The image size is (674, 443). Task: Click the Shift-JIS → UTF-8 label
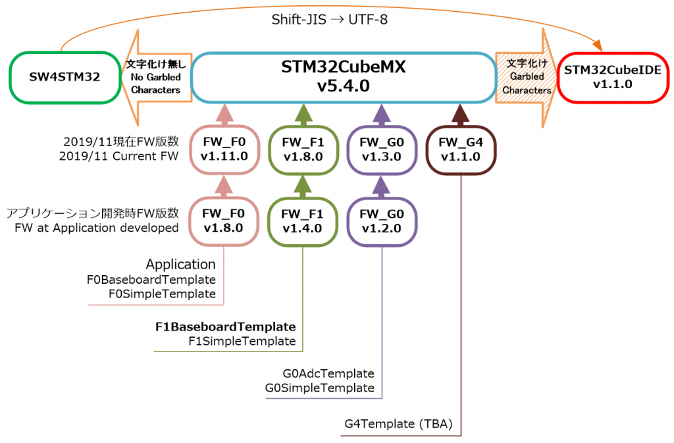330,19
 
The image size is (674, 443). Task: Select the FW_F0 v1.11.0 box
224,151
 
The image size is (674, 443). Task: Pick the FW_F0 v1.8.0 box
224,221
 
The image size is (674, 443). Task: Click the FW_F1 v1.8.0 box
303,151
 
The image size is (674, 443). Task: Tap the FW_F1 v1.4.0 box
303,221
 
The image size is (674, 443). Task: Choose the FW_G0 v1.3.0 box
382,151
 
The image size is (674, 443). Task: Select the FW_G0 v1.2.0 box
382,221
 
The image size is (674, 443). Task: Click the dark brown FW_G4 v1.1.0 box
461,151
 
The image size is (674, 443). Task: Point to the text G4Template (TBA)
398,425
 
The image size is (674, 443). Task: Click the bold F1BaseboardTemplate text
225,326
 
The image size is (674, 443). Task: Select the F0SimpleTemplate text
162,294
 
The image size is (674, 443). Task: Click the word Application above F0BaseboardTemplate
180,265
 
